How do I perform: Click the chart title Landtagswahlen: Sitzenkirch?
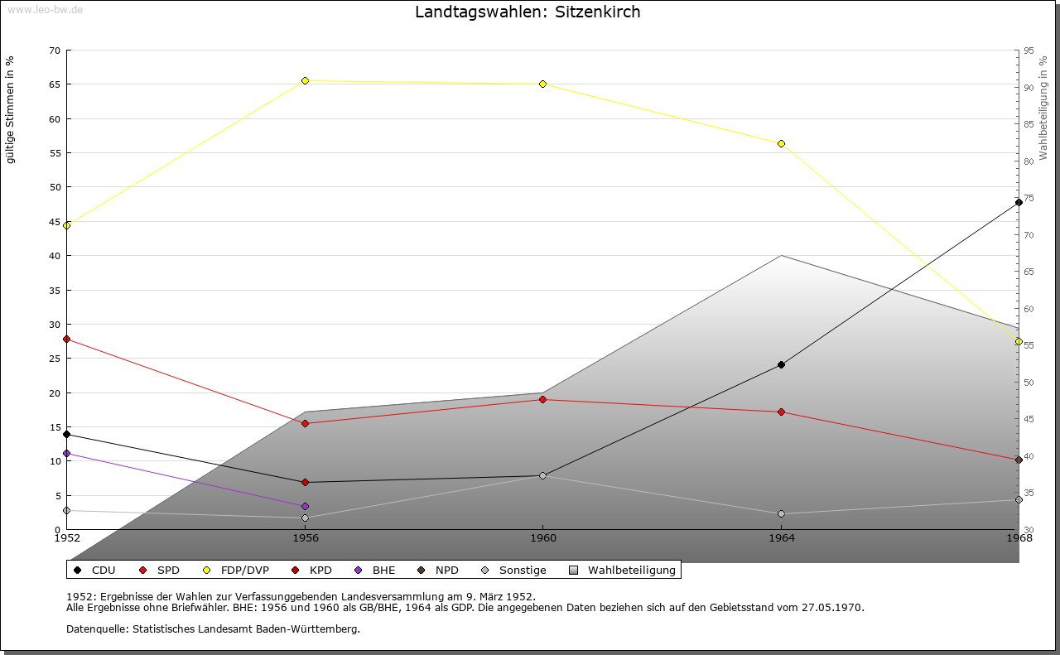pos(528,12)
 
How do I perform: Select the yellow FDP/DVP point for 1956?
pos(305,80)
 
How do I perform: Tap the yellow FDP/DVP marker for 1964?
pos(781,143)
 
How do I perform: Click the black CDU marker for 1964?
pos(781,364)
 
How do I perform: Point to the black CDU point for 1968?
pos(1019,202)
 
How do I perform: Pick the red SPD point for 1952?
pos(67,339)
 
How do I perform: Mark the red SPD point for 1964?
pos(781,412)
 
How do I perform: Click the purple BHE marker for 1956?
pos(305,506)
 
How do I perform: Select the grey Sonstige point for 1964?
pos(781,513)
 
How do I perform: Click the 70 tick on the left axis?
pos(55,51)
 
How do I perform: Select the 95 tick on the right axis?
pos(1028,51)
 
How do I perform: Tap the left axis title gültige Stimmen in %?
pos(11,110)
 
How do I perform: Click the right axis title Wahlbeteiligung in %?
pos(1043,108)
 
